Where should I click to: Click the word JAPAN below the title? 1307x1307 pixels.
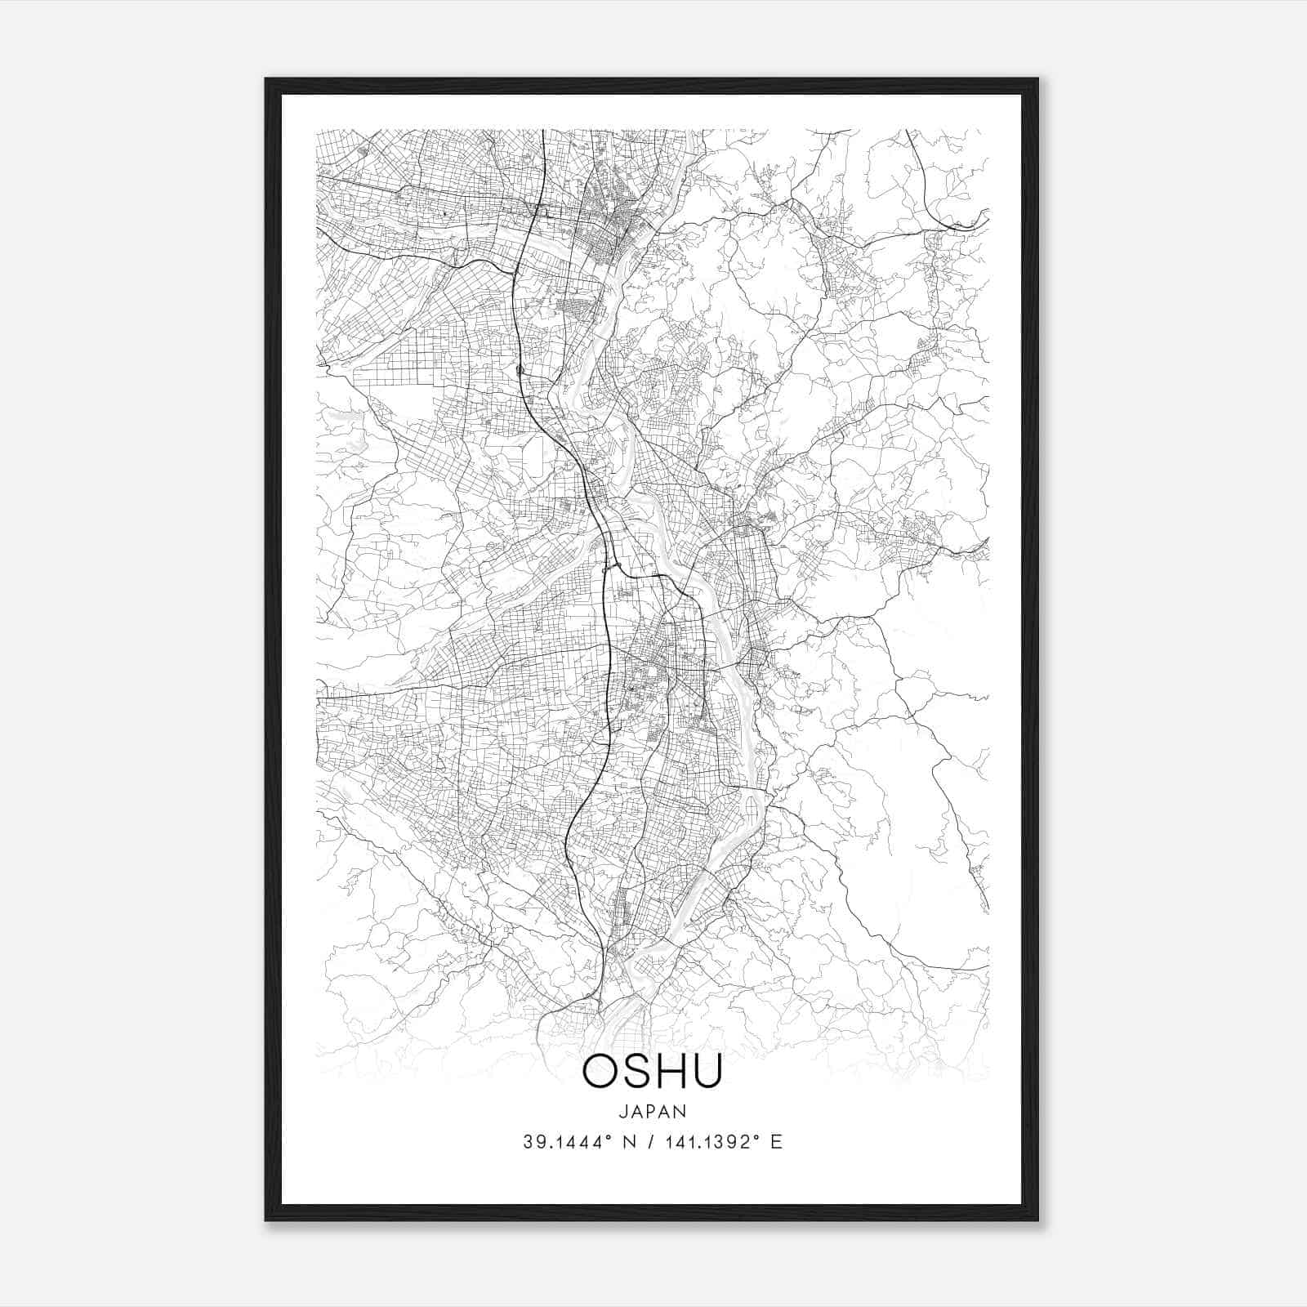(653, 1111)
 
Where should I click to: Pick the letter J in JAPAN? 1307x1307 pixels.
(623, 1111)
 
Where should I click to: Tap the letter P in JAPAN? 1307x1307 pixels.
(653, 1111)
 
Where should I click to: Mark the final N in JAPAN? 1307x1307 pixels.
(681, 1111)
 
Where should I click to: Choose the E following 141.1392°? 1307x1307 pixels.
(776, 1142)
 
